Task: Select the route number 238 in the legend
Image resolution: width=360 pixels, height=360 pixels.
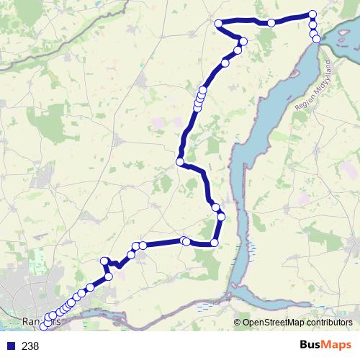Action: click(30, 346)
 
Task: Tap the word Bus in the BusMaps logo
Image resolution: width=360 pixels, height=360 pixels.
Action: click(312, 346)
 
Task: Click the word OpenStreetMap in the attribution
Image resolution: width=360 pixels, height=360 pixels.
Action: click(273, 323)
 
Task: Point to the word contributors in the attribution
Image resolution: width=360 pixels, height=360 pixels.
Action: click(329, 323)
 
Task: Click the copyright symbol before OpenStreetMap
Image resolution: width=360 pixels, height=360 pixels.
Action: click(238, 323)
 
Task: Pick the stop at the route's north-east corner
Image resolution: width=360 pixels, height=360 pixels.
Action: click(312, 14)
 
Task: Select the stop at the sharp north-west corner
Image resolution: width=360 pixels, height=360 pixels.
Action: click(218, 23)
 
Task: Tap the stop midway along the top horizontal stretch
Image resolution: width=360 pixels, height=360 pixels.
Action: click(271, 23)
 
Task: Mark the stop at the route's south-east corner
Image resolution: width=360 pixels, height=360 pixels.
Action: click(214, 243)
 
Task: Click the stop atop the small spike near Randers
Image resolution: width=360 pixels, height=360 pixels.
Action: click(105, 261)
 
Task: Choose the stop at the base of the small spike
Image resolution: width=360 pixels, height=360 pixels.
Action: click(109, 276)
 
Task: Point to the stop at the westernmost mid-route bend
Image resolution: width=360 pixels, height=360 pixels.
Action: click(180, 162)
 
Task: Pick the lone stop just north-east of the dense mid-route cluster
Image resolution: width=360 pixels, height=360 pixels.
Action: click(225, 63)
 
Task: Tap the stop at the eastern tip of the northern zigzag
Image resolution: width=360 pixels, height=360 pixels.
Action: click(243, 41)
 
